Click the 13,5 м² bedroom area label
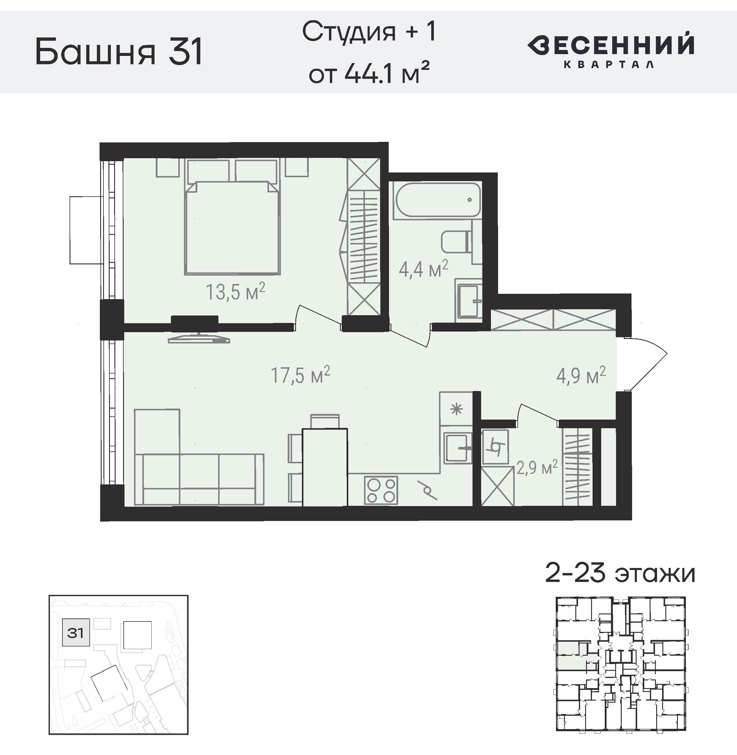(x=235, y=292)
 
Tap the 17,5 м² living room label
(x=300, y=375)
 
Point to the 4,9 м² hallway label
(x=581, y=375)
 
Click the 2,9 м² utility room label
(x=537, y=467)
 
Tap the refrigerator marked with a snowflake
(x=456, y=409)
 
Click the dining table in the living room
(x=325, y=467)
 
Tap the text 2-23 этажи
(x=620, y=574)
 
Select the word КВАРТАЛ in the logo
(x=609, y=64)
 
